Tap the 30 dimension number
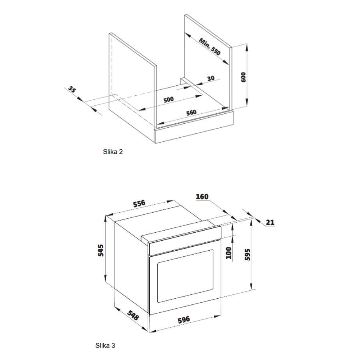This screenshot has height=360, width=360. coord(211,78)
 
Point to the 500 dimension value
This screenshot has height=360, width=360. coord(169,99)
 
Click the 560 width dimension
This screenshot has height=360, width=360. coord(191,113)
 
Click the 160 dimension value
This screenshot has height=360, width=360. coord(202,197)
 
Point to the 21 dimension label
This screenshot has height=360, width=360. coord(270,222)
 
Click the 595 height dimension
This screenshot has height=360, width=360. coord(247,255)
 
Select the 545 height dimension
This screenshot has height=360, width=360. coord(101,250)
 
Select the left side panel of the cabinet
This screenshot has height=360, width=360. coord(132,88)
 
